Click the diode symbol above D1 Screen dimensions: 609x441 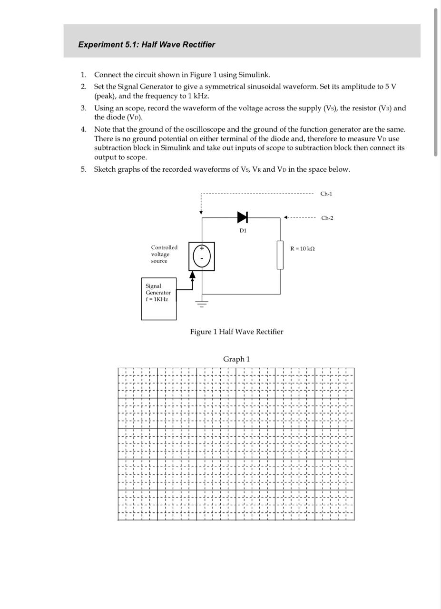point(243,217)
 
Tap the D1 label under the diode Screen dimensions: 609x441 point(243,231)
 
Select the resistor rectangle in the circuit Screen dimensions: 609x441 point(280,255)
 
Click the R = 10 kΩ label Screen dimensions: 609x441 point(303,249)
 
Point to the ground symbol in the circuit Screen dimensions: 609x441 point(202,304)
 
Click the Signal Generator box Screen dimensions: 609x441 point(159,299)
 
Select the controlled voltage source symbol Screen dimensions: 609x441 point(202,256)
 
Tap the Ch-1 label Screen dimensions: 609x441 point(326,194)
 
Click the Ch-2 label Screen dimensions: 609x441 point(327,218)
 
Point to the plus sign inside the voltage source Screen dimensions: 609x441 point(202,248)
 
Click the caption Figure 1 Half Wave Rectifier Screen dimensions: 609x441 point(236,332)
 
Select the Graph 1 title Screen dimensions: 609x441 point(236,359)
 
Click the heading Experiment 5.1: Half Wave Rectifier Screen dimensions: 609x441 point(147,45)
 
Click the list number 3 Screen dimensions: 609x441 point(83,108)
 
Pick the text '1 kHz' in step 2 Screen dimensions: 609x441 point(198,96)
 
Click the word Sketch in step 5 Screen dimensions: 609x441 point(106,169)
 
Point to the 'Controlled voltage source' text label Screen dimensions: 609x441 point(164,254)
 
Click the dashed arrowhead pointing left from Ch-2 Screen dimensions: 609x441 point(286,217)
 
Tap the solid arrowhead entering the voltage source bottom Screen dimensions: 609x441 point(192,275)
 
